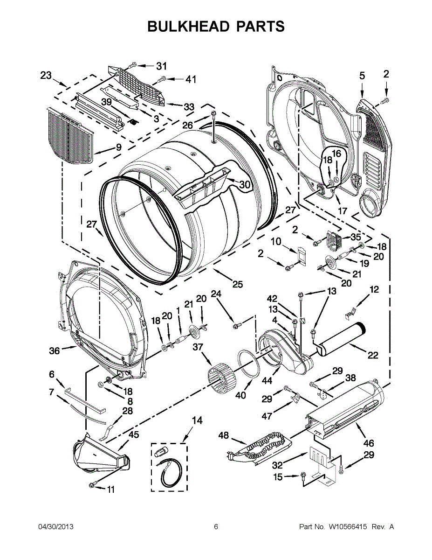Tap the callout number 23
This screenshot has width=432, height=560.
coord(46,75)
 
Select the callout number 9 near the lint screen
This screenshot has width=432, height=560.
coord(119,147)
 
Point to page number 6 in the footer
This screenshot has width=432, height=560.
coord(216,527)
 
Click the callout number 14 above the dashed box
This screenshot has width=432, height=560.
coord(197,420)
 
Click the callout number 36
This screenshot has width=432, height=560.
coord(55,350)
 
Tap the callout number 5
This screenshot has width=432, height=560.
coord(362,76)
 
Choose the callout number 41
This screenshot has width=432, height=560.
coord(191,79)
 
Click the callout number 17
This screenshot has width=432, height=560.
coord(343,211)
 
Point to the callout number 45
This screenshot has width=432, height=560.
coord(134,435)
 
